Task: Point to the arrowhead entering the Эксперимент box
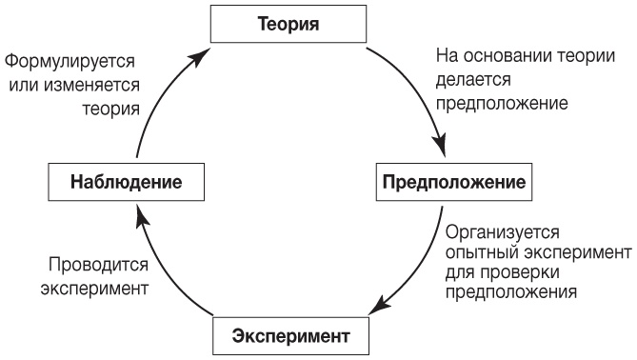(x=377, y=309)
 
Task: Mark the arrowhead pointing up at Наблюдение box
(x=141, y=219)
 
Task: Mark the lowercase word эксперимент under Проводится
(x=94, y=287)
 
